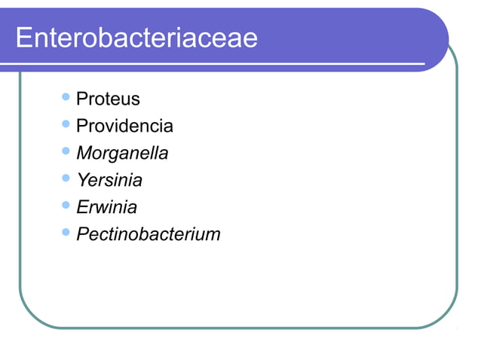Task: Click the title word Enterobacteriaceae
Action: [136, 38]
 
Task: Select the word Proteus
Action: [108, 99]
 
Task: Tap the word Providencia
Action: [124, 127]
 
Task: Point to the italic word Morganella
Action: [122, 154]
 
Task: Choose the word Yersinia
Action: [109, 181]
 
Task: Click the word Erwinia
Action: [106, 207]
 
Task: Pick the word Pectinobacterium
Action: [149, 234]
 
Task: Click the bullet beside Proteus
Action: [66, 97]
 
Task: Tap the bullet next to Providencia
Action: [66, 124]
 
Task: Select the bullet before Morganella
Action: [66, 151]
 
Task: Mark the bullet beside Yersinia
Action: [66, 178]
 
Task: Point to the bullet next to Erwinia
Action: [66, 205]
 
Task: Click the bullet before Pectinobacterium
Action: [66, 232]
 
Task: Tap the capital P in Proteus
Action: [82, 99]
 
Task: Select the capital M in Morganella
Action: [84, 154]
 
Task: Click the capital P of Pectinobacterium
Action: [83, 234]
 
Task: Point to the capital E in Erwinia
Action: [82, 207]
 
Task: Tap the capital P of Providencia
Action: [82, 127]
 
